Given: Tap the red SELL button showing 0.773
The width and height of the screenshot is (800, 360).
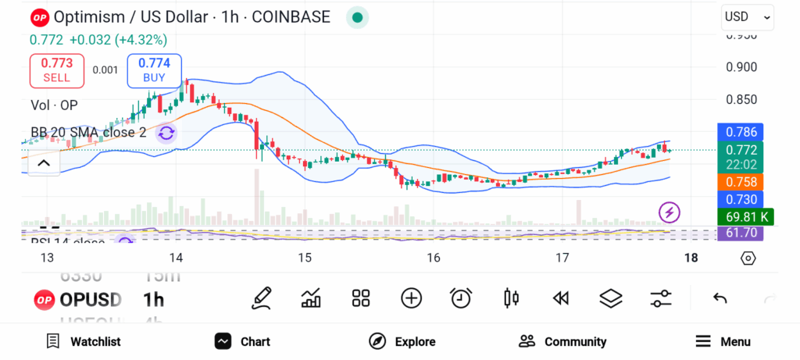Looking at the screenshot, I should (56, 70).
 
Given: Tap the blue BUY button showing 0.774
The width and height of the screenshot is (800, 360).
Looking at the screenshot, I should (154, 70).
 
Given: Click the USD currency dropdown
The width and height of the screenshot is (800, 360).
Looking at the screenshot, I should (748, 16).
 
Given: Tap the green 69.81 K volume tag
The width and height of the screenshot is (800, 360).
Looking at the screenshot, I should (745, 217).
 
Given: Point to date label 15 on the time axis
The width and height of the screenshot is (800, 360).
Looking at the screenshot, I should (305, 258).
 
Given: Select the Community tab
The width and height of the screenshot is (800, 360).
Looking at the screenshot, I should (562, 341).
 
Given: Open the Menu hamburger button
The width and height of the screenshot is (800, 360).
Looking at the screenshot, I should (723, 341).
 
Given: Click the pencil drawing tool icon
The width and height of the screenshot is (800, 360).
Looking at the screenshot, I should (262, 298).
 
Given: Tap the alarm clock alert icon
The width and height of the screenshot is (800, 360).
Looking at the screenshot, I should (461, 298).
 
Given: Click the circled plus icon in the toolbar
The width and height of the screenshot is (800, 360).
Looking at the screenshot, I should (411, 298).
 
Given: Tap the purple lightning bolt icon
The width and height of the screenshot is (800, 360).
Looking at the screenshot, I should (670, 212).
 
